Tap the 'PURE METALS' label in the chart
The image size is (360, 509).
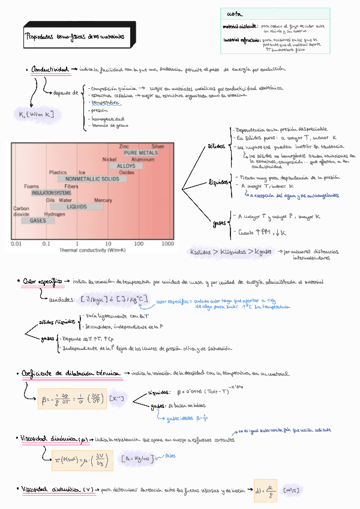point(141,153)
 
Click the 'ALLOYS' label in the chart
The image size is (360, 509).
point(126,166)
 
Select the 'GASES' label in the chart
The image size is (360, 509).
point(37,220)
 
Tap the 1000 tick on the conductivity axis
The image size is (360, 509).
point(167,244)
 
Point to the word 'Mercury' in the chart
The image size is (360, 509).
point(103,200)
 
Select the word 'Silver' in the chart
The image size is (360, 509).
point(158,146)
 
